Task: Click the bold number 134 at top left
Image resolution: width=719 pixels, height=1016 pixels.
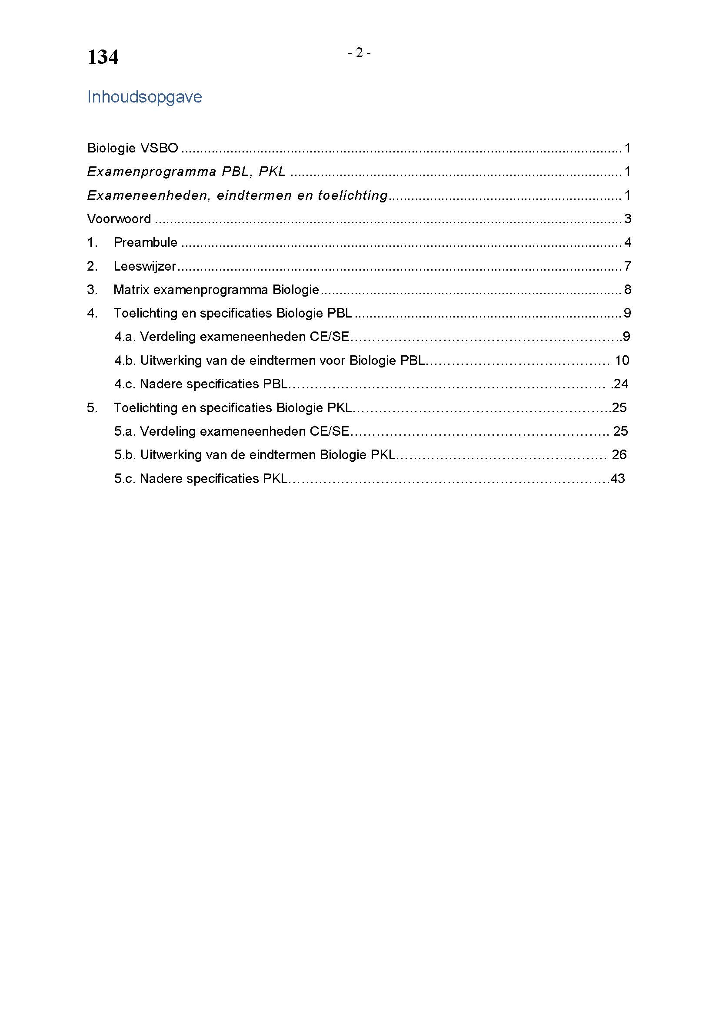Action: [x=103, y=57]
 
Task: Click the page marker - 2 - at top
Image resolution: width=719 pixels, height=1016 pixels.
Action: [x=359, y=53]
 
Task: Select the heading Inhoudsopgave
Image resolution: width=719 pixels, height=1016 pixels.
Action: [x=144, y=97]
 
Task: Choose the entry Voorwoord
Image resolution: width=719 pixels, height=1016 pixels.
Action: [x=119, y=219]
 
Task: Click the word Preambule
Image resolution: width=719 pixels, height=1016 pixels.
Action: [x=145, y=242]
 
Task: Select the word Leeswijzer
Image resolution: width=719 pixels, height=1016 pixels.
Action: [x=145, y=266]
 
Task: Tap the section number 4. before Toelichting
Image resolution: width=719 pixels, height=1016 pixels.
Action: [x=92, y=313]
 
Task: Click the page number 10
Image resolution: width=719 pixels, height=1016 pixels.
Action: [x=622, y=361]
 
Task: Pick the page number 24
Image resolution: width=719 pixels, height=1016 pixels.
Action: [x=621, y=384]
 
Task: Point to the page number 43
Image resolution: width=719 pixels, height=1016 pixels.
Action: [x=618, y=478]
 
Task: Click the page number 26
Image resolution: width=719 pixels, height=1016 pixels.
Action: [x=619, y=455]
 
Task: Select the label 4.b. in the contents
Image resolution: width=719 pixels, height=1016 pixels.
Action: [x=124, y=361]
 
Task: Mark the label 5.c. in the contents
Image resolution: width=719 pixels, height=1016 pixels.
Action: [x=124, y=479]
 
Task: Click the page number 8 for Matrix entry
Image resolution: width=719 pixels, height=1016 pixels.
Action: [x=627, y=290]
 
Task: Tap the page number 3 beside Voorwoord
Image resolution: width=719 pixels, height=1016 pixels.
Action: [x=627, y=219]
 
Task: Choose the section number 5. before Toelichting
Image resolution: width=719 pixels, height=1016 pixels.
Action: [x=92, y=408]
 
